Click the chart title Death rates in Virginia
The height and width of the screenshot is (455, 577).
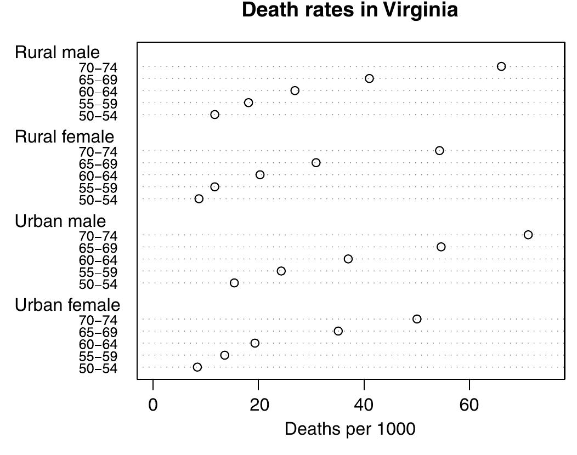[x=349, y=10]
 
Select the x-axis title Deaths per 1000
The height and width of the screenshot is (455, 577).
[x=350, y=429]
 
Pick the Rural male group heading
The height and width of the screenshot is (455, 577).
[x=57, y=53]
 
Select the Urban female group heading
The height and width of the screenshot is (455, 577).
[x=67, y=305]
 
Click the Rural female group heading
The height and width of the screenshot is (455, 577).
[x=64, y=136]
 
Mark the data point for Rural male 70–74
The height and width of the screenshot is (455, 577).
[x=501, y=66]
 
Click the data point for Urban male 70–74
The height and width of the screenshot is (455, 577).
[x=528, y=235]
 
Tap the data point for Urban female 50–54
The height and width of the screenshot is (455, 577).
[x=197, y=367]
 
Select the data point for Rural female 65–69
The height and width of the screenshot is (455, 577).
[x=316, y=163]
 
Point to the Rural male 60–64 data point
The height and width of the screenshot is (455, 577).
[x=295, y=90]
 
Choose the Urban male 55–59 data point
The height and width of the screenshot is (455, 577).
[x=281, y=271]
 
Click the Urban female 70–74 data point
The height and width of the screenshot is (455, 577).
[x=417, y=319]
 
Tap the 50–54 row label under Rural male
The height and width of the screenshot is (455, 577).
[x=98, y=116]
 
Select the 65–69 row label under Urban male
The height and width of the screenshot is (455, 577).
[x=98, y=248]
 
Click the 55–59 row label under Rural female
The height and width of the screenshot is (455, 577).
[x=98, y=189]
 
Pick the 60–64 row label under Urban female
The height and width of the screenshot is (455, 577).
[x=98, y=345]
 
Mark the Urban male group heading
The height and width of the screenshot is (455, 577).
[x=60, y=221]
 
